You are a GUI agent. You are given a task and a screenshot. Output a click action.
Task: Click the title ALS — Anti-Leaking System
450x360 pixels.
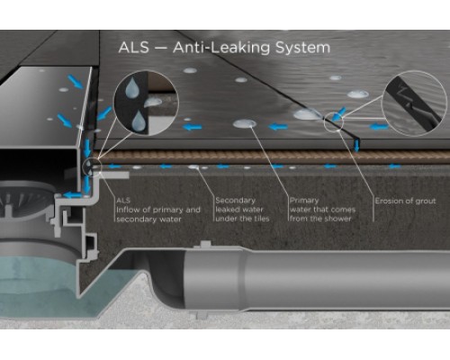pyautogui.click(x=224, y=48)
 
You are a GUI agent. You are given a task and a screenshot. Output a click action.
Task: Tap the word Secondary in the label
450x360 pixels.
pyautogui.click(x=235, y=200)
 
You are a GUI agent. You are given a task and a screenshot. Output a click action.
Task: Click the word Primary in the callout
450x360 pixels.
pyautogui.click(x=304, y=201)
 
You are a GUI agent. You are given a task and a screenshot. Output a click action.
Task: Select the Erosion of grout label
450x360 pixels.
pyautogui.click(x=405, y=201)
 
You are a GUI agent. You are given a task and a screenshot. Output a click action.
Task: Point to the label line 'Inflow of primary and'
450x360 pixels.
pyautogui.click(x=158, y=210)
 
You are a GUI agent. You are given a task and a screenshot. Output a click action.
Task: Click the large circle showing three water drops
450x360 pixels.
pyautogui.click(x=146, y=103)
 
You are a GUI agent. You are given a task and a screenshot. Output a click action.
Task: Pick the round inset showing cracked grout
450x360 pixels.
pyautogui.click(x=414, y=103)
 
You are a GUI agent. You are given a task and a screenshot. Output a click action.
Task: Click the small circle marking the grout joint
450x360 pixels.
pyautogui.click(x=334, y=121)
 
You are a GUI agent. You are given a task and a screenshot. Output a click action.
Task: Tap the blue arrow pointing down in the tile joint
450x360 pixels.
pyautogui.click(x=356, y=145)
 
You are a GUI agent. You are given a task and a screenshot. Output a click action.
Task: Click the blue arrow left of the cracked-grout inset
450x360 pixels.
pyautogui.click(x=379, y=127)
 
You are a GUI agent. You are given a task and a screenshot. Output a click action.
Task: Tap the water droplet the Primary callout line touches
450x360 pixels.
pyautogui.click(x=245, y=123)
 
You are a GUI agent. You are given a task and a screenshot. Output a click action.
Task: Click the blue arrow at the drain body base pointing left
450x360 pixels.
pyautogui.click(x=71, y=195)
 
